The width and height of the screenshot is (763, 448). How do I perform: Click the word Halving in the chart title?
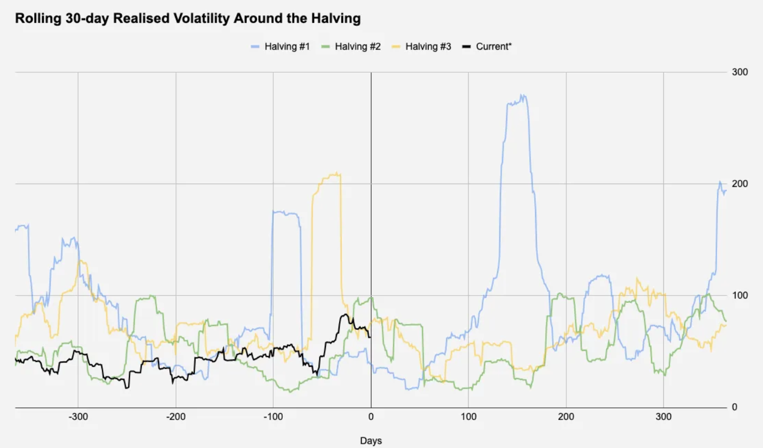[336, 18]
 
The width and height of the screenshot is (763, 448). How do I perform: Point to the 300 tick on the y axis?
[740, 72]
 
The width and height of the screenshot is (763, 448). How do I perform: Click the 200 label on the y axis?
[740, 184]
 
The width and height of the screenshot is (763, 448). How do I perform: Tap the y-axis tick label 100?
[740, 296]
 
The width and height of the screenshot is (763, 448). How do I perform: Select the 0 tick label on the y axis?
[735, 407]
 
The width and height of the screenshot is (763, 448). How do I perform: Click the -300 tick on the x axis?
[78, 417]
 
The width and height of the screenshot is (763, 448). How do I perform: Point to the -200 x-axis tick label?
[176, 417]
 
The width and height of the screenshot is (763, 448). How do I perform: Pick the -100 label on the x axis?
[273, 417]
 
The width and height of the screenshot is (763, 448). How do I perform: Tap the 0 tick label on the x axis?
[371, 417]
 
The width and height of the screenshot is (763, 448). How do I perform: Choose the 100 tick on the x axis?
[468, 417]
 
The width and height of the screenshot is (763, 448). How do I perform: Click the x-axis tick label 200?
[566, 417]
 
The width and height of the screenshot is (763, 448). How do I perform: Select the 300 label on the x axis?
[663, 417]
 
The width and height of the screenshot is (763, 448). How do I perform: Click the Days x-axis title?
[371, 441]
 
